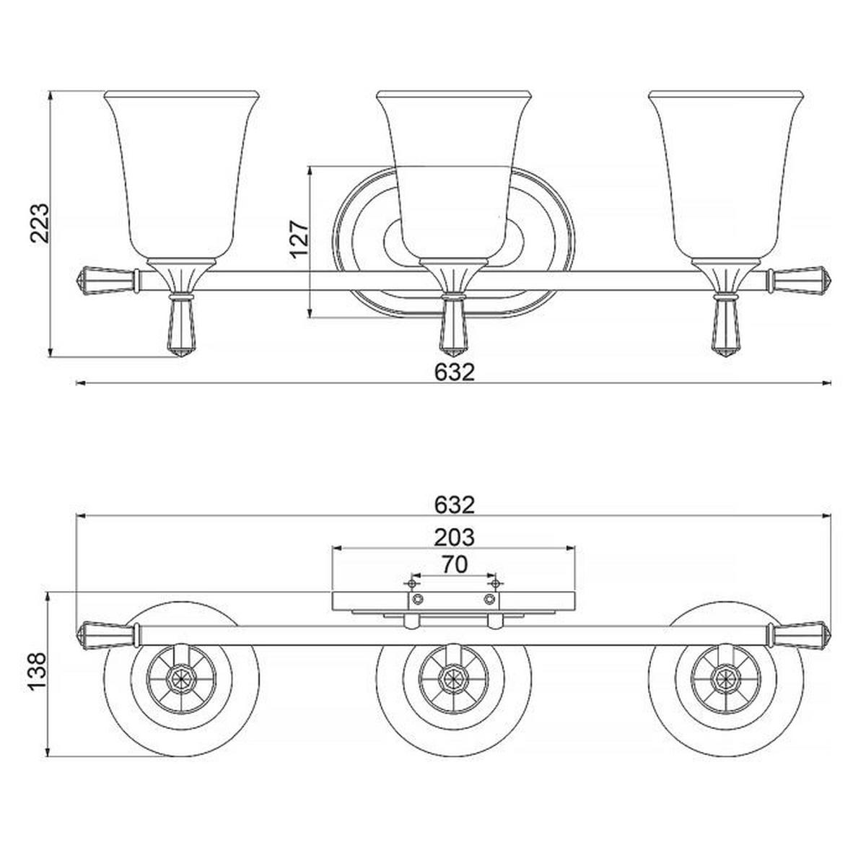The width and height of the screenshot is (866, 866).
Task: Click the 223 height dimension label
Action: pyautogui.click(x=39, y=223)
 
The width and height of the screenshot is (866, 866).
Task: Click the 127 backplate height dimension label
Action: pyautogui.click(x=299, y=239)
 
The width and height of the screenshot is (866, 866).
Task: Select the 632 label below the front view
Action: pyautogui.click(x=455, y=372)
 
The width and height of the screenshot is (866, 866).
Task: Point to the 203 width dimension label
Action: pyautogui.click(x=455, y=537)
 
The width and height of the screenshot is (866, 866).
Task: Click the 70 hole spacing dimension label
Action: pyautogui.click(x=455, y=565)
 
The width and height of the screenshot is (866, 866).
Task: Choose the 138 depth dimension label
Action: pyautogui.click(x=36, y=671)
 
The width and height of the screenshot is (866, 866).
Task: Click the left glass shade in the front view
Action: pyautogui.click(x=182, y=175)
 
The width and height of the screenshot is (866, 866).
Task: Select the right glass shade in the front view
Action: pyautogui.click(x=726, y=175)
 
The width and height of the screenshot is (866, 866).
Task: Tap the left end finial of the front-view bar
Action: pyautogui.click(x=107, y=280)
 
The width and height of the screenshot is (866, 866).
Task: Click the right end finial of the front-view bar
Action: pyautogui.click(x=799, y=280)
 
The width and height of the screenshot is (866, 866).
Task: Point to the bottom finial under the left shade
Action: pyautogui.click(x=182, y=325)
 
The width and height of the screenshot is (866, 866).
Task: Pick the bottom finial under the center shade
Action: pyautogui.click(x=454, y=325)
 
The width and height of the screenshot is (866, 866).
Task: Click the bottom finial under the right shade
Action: pyautogui.click(x=726, y=325)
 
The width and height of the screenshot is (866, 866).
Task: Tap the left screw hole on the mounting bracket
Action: pyautogui.click(x=418, y=599)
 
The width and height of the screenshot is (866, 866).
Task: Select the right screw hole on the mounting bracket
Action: pyautogui.click(x=490, y=599)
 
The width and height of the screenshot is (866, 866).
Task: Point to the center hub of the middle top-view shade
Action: pyautogui.click(x=454, y=676)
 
